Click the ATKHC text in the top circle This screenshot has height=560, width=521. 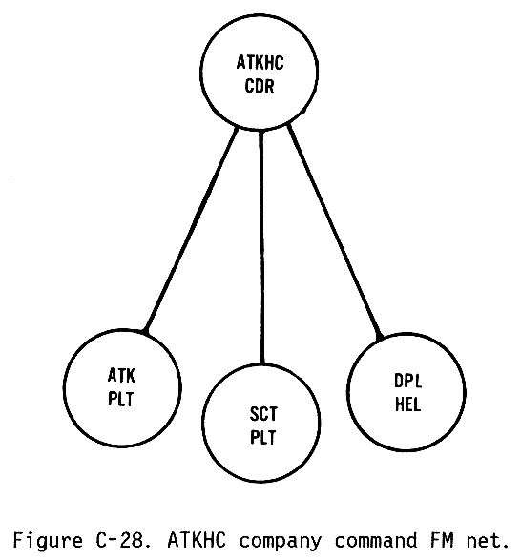(x=260, y=63)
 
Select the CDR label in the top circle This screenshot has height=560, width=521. (x=260, y=86)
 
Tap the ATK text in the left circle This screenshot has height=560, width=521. (x=121, y=376)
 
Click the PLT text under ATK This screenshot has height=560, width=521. (x=121, y=399)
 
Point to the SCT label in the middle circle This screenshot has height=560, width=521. (x=263, y=414)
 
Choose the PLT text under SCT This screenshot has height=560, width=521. (x=263, y=438)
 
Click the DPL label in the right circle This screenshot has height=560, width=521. (x=407, y=381)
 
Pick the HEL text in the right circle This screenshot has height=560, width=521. (x=407, y=404)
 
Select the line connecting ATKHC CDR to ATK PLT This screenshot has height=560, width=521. (x=191, y=230)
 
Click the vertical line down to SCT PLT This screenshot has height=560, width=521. (x=261, y=247)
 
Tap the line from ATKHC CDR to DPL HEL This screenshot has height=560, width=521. (x=335, y=232)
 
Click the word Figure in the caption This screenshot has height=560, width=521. (x=48, y=541)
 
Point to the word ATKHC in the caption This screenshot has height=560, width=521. (x=197, y=540)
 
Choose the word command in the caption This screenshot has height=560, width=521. (x=376, y=540)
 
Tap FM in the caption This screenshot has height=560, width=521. (x=442, y=540)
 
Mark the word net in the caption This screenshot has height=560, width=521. (x=488, y=541)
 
